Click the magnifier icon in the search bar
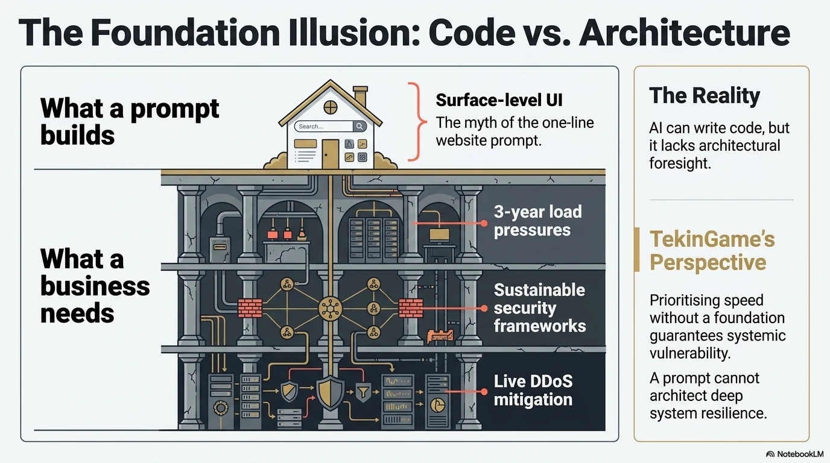pos(359,127)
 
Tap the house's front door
pos(330,154)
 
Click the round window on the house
pos(330,107)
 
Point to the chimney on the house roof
pos(361,97)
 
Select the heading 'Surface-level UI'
pos(499,100)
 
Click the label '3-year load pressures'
pos(537,221)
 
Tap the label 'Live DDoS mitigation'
pos(533,391)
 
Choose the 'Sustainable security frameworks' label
pos(540,308)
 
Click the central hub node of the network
pos(330,308)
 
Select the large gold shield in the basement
pos(330,393)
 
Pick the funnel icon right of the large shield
pos(363,392)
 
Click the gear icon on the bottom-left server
pos(221,408)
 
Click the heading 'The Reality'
pos(705,96)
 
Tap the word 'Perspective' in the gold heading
pos(708,263)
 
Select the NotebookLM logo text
pos(800,454)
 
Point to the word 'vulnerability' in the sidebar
pos(690,353)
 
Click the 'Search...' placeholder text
pos(311,127)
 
